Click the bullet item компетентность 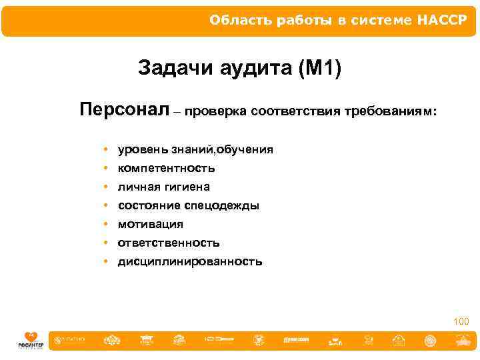pyautogui.click(x=166, y=168)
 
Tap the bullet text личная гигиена pyautogui.click(x=163, y=187)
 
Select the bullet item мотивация pyautogui.click(x=150, y=224)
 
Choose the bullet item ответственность pyautogui.click(x=169, y=243)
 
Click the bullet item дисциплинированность pyautogui.click(x=190, y=261)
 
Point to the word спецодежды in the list pyautogui.click(x=226, y=205)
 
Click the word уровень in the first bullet pyautogui.click(x=139, y=149)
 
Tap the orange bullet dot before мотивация pyautogui.click(x=106, y=224)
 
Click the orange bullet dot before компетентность pyautogui.click(x=106, y=168)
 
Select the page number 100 pyautogui.click(x=461, y=322)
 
